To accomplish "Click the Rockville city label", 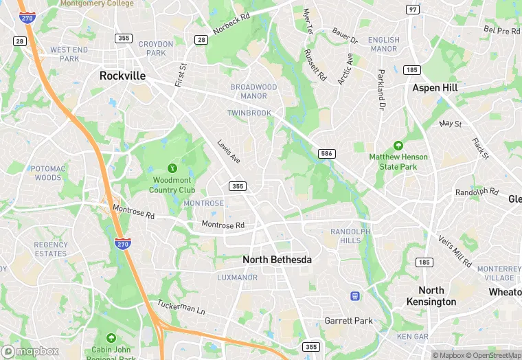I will click(x=122, y=76).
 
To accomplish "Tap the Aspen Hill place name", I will click(x=435, y=88).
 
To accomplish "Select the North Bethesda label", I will click(x=277, y=260).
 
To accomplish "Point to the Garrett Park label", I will click(x=348, y=321).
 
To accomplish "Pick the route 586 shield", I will click(x=327, y=153).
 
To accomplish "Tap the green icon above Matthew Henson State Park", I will click(x=398, y=145).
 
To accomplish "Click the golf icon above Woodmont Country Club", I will click(x=172, y=168).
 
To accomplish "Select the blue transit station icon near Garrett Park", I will click(x=355, y=296).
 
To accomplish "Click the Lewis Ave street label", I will click(x=229, y=153).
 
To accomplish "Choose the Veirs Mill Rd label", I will click(x=455, y=252).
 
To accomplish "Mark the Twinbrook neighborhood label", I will click(x=249, y=113).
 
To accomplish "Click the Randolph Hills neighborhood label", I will click(x=350, y=236).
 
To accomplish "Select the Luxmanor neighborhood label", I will click(x=237, y=278).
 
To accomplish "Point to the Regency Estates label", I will click(x=51, y=249).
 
